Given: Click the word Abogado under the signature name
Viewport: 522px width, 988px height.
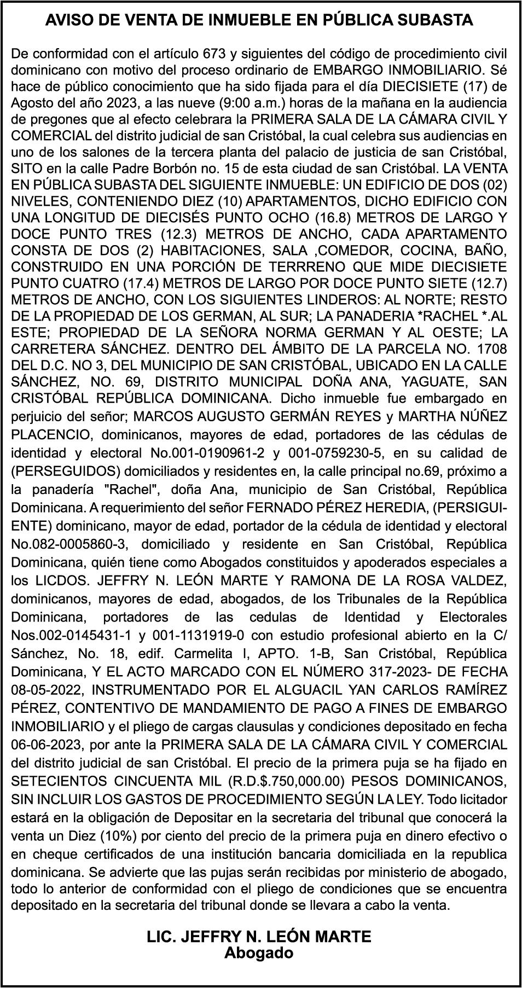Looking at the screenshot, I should pos(259,952).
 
